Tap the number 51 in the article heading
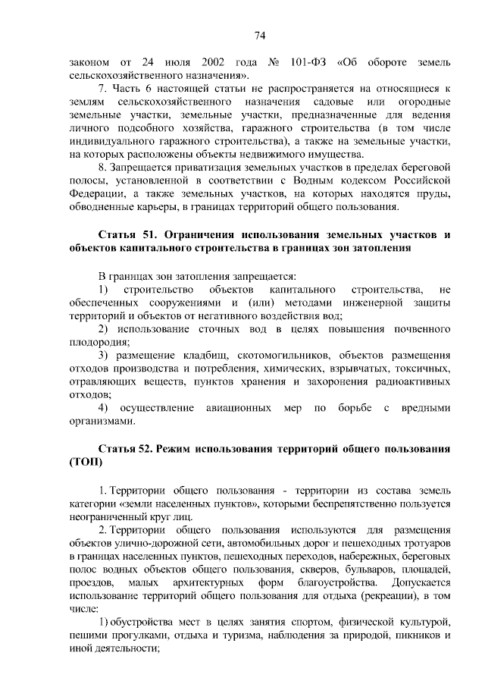150,234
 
